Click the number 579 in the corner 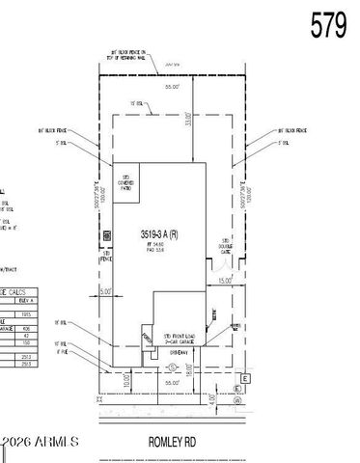point(328,25)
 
